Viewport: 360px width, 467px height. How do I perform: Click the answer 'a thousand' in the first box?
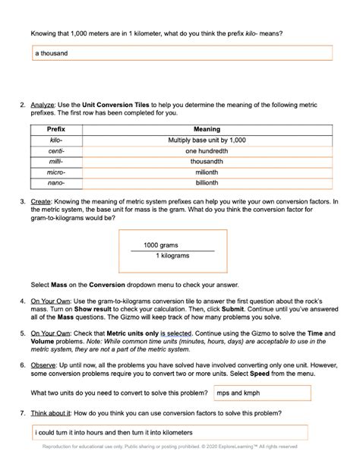point(52,53)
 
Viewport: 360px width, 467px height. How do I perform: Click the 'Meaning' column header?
point(207,130)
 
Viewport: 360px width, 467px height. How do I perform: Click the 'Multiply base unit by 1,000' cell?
point(207,140)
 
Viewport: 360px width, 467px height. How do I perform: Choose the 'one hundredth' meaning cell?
point(207,151)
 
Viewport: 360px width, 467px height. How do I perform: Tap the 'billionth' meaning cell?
point(207,183)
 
